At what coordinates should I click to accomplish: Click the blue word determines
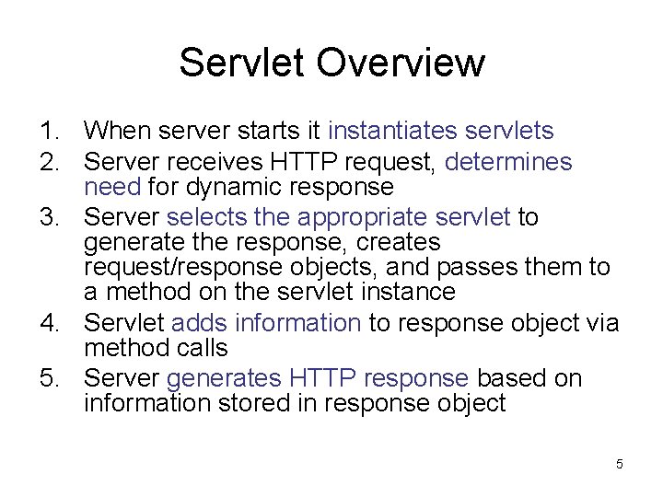click(x=508, y=163)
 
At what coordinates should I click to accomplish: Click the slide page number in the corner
click(x=619, y=465)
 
